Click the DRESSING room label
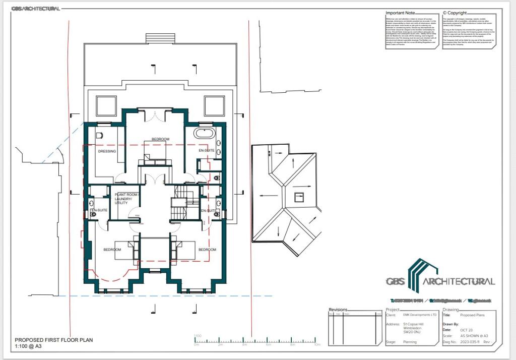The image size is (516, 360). point(107,151)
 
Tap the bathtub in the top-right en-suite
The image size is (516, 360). point(205,135)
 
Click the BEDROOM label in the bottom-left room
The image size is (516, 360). point(112,250)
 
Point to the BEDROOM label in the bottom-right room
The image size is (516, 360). point(207,250)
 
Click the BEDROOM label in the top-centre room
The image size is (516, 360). point(160,139)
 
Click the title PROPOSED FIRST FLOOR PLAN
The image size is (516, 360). point(53,340)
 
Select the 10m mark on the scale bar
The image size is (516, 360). point(317,345)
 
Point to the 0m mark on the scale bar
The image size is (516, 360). point(197,345)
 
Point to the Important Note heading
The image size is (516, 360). point(400,13)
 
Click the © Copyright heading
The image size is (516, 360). point(455,13)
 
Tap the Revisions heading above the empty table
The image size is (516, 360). point(338,310)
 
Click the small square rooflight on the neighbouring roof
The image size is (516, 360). point(299,197)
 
